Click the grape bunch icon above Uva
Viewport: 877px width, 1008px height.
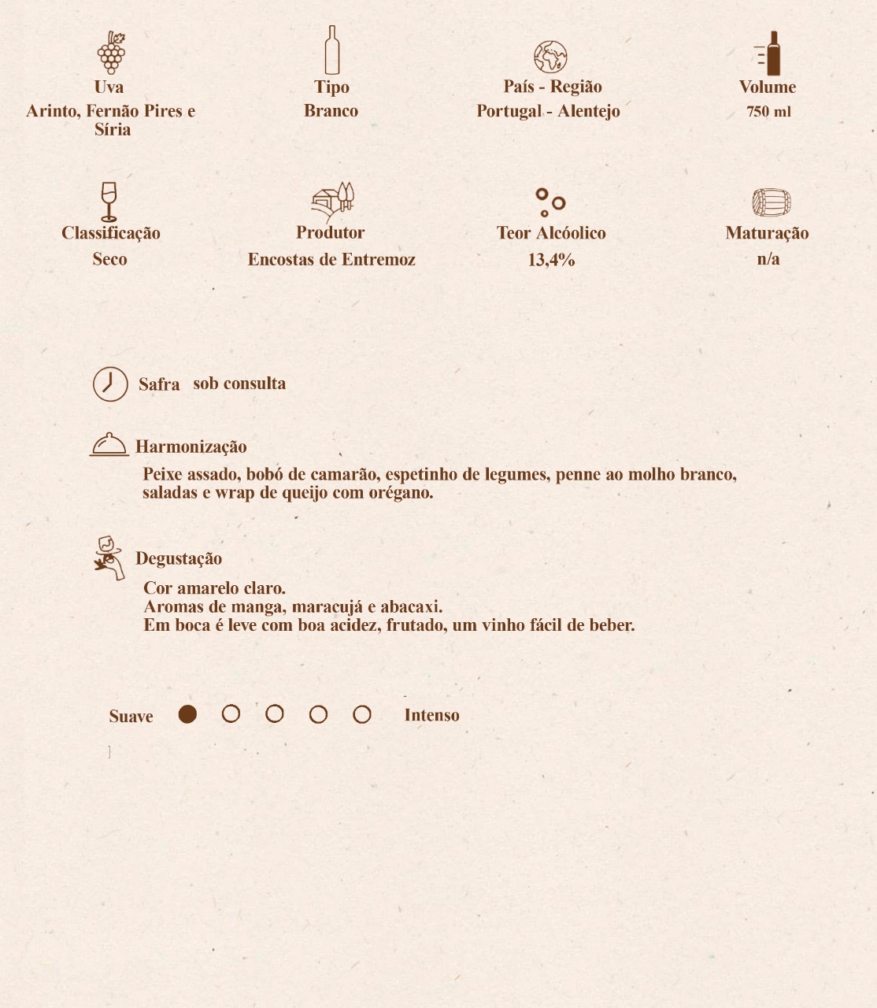point(111,52)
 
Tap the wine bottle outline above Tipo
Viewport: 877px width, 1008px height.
point(331,50)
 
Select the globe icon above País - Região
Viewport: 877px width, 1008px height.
point(550,57)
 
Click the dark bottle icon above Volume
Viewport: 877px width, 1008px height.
point(769,54)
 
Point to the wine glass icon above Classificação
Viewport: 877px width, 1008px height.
point(109,202)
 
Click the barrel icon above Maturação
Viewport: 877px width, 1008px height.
point(771,202)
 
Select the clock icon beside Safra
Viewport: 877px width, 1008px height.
point(110,384)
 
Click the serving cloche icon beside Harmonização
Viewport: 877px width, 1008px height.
point(109,445)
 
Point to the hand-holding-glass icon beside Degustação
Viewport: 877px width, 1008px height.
point(109,558)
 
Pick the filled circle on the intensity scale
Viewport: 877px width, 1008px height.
point(187,714)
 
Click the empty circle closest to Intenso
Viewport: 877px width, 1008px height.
point(362,714)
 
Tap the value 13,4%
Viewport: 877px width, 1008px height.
point(551,260)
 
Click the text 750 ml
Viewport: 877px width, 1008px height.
point(768,112)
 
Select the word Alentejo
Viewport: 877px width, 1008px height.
point(589,111)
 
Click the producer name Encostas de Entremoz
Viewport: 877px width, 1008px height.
point(331,260)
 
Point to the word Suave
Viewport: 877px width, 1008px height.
point(131,717)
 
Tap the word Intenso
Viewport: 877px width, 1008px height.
point(431,715)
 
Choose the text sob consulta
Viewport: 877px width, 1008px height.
point(239,384)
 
